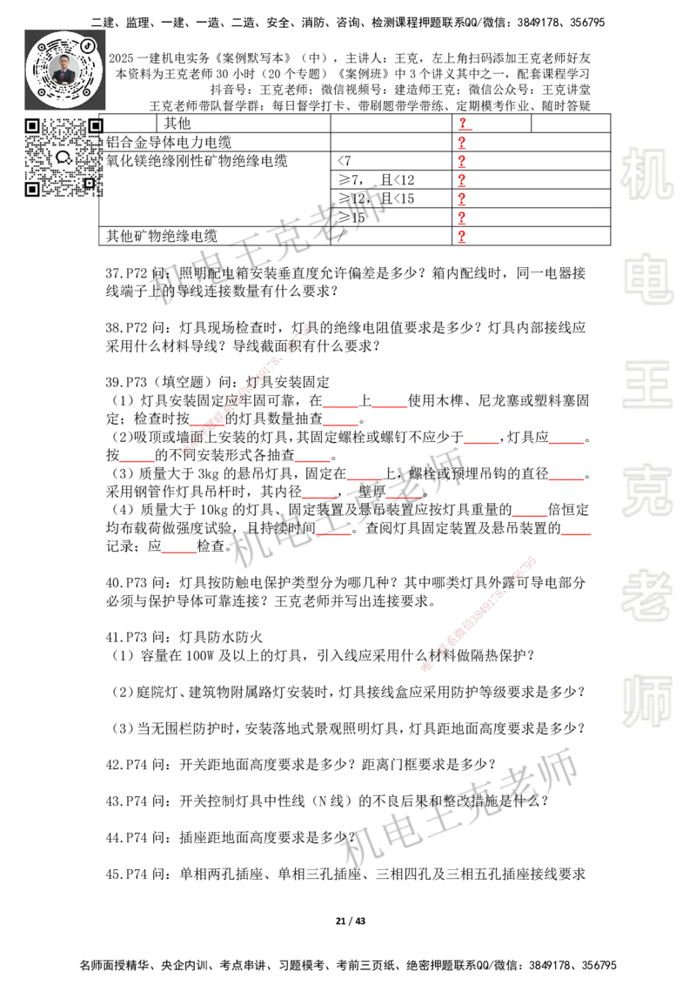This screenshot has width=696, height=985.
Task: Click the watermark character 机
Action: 646,173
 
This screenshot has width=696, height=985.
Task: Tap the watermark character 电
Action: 650,278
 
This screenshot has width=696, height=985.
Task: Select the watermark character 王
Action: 646,385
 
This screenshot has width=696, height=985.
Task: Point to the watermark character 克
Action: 646,490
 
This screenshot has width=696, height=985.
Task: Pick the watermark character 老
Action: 646,595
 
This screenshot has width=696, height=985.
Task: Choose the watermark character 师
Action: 646,702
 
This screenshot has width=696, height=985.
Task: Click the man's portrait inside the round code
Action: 64,69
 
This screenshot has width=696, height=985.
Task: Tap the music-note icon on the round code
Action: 88,44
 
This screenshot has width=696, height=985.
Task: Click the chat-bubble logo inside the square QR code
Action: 64,157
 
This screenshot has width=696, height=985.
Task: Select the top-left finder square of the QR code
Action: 32,126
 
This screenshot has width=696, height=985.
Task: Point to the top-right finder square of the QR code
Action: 96,126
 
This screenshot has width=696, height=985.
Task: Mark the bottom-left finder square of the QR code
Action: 32,189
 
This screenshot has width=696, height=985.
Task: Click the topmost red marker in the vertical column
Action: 463,122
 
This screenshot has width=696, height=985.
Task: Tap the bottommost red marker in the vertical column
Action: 462,237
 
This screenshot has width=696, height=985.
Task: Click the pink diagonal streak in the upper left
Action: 248,386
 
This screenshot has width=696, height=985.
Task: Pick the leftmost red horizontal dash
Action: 137,462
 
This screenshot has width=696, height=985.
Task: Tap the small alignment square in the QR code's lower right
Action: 89,183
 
